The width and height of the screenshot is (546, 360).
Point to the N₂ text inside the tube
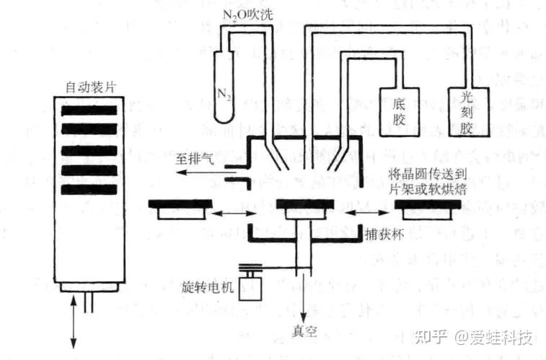tap(224, 93)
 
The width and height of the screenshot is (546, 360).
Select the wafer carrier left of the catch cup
tap(180, 205)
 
